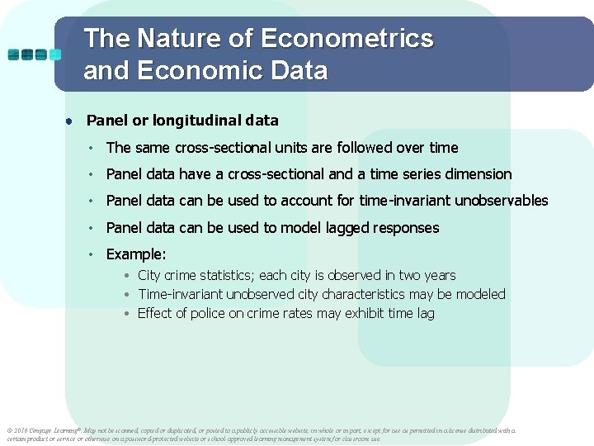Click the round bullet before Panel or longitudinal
72,121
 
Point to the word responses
407,228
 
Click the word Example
135,254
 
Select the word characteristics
375,295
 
